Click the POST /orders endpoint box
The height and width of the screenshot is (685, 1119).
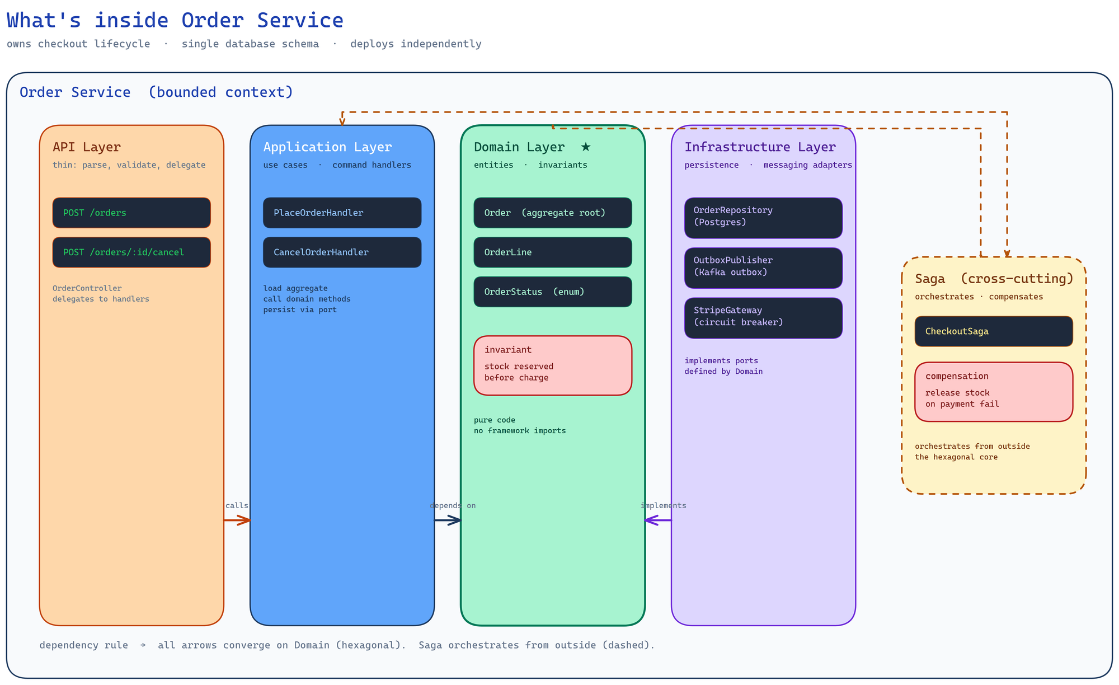131,213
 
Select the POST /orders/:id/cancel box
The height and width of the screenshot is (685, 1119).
131,252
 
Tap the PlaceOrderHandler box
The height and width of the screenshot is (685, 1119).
342,213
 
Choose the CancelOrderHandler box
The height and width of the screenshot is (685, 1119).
342,252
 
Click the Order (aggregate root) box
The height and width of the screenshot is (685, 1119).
552,213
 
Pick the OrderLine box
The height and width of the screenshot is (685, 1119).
552,252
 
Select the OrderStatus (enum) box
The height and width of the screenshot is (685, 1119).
552,292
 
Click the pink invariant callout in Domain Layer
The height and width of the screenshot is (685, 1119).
552,365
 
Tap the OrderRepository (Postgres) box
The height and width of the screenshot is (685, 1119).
763,218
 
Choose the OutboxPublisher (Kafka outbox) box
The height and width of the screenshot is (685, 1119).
763,268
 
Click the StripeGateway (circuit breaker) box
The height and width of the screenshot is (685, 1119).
763,318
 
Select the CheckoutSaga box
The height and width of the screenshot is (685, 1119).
993,331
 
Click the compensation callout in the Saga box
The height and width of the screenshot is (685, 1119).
993,392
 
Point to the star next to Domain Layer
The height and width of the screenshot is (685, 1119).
585,147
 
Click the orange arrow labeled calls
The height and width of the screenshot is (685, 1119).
237,520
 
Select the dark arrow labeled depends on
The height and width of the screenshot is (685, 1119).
448,520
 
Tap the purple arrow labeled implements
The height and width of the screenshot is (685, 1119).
658,520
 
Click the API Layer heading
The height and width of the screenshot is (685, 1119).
87,147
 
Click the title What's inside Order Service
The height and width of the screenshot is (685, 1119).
175,21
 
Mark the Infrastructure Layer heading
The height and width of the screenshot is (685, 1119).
760,147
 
